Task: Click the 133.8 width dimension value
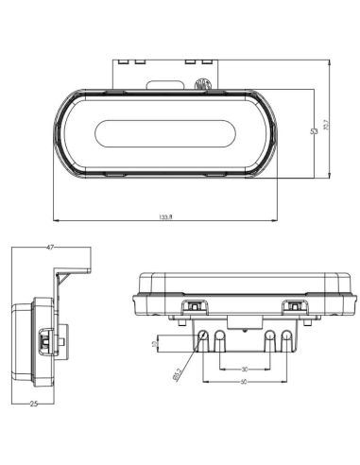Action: click(x=166, y=216)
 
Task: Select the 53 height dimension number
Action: click(x=313, y=131)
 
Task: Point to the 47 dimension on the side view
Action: click(x=49, y=246)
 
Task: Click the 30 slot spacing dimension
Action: click(x=244, y=369)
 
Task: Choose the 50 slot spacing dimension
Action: click(x=244, y=382)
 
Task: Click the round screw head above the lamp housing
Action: click(x=200, y=84)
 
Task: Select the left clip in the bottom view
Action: click(x=194, y=306)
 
